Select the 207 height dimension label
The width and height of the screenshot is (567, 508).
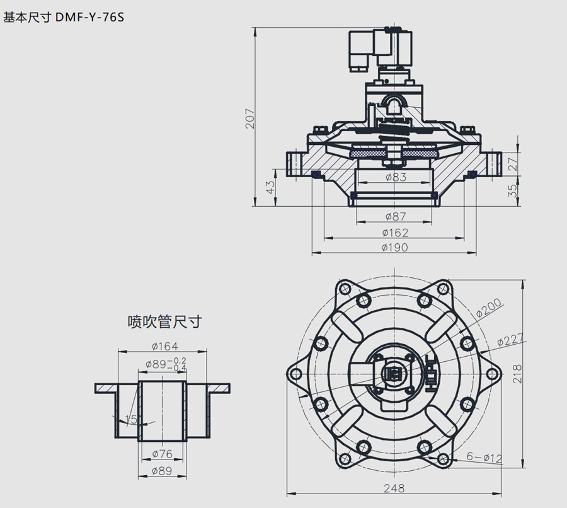pos(251,118)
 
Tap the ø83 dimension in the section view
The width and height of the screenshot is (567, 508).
pos(394,177)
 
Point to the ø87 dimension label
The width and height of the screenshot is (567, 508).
pos(394,216)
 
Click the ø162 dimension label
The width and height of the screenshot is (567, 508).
pos(394,233)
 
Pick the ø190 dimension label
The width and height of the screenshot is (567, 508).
pos(394,248)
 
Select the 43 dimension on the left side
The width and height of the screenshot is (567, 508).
pos(270,187)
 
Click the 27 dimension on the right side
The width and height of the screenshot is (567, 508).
pos(513,163)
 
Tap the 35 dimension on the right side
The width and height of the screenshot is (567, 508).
pos(513,190)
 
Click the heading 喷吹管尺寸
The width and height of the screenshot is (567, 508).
pos(164,322)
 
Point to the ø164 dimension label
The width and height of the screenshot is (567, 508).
pos(164,345)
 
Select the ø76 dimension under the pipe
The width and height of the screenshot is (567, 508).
pos(163,453)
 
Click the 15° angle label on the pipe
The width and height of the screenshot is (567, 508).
pos(131,419)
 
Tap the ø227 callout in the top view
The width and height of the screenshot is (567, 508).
pos(511,340)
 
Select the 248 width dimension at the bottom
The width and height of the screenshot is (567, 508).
pos(394,488)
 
